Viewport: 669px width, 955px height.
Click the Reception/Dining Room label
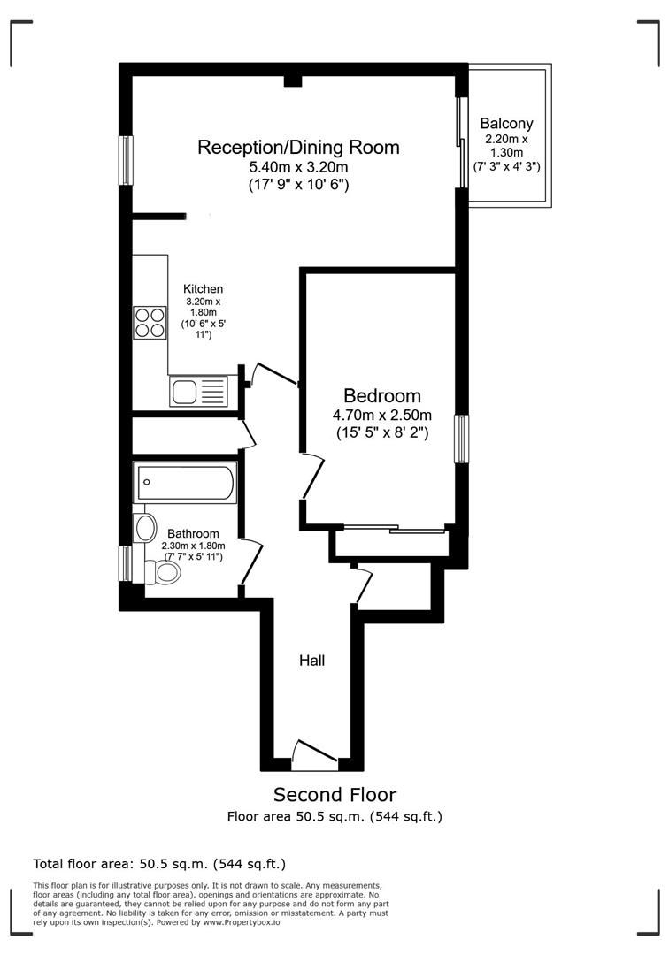point(298,147)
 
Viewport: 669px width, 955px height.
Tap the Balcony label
point(506,125)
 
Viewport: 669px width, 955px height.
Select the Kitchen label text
point(203,289)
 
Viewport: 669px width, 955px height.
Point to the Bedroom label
point(382,395)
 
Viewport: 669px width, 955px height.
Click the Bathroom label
point(193,534)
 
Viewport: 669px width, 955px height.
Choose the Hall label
point(311,660)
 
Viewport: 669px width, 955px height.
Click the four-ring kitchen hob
point(150,321)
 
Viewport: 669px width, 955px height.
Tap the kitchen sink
point(198,390)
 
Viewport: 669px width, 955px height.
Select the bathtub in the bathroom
point(184,483)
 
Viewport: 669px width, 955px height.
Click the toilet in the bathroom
point(163,573)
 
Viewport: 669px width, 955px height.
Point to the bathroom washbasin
point(146,528)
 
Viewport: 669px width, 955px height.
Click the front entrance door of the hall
point(314,753)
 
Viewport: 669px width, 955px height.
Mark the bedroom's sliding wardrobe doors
point(394,530)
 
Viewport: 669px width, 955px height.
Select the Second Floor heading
point(334,794)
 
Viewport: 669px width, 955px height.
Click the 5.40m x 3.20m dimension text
point(298,167)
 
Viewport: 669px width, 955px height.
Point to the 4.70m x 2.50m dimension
point(382,416)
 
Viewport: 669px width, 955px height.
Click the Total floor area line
point(159,864)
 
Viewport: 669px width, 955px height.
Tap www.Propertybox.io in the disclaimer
point(235,922)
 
